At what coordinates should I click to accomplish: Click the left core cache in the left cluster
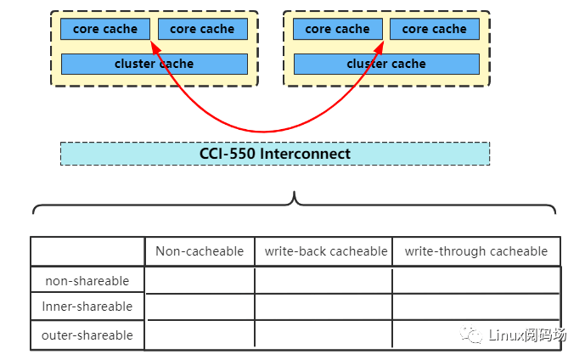coord(104,29)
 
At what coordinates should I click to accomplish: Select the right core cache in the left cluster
coord(202,29)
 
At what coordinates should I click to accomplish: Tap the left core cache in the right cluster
coord(337,29)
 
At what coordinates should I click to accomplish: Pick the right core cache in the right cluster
coord(434,29)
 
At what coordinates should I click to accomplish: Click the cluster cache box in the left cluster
coord(154,64)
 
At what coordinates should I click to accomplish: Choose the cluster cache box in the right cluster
coord(386,64)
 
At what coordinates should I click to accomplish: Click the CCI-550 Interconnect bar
coord(274,154)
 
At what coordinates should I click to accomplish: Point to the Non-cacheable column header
coord(200,251)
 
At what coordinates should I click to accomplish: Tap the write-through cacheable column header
coord(475,251)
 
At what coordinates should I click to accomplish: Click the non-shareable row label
coord(87,280)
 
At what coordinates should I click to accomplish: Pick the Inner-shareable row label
coord(87,307)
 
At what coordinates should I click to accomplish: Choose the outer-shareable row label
coord(87,335)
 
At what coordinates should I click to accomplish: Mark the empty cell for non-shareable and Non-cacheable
coord(200,280)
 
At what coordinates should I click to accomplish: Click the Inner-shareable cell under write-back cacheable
coord(323,307)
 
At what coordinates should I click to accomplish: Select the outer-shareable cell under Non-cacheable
coord(200,335)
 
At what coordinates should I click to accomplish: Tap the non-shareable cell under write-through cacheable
coord(475,280)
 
